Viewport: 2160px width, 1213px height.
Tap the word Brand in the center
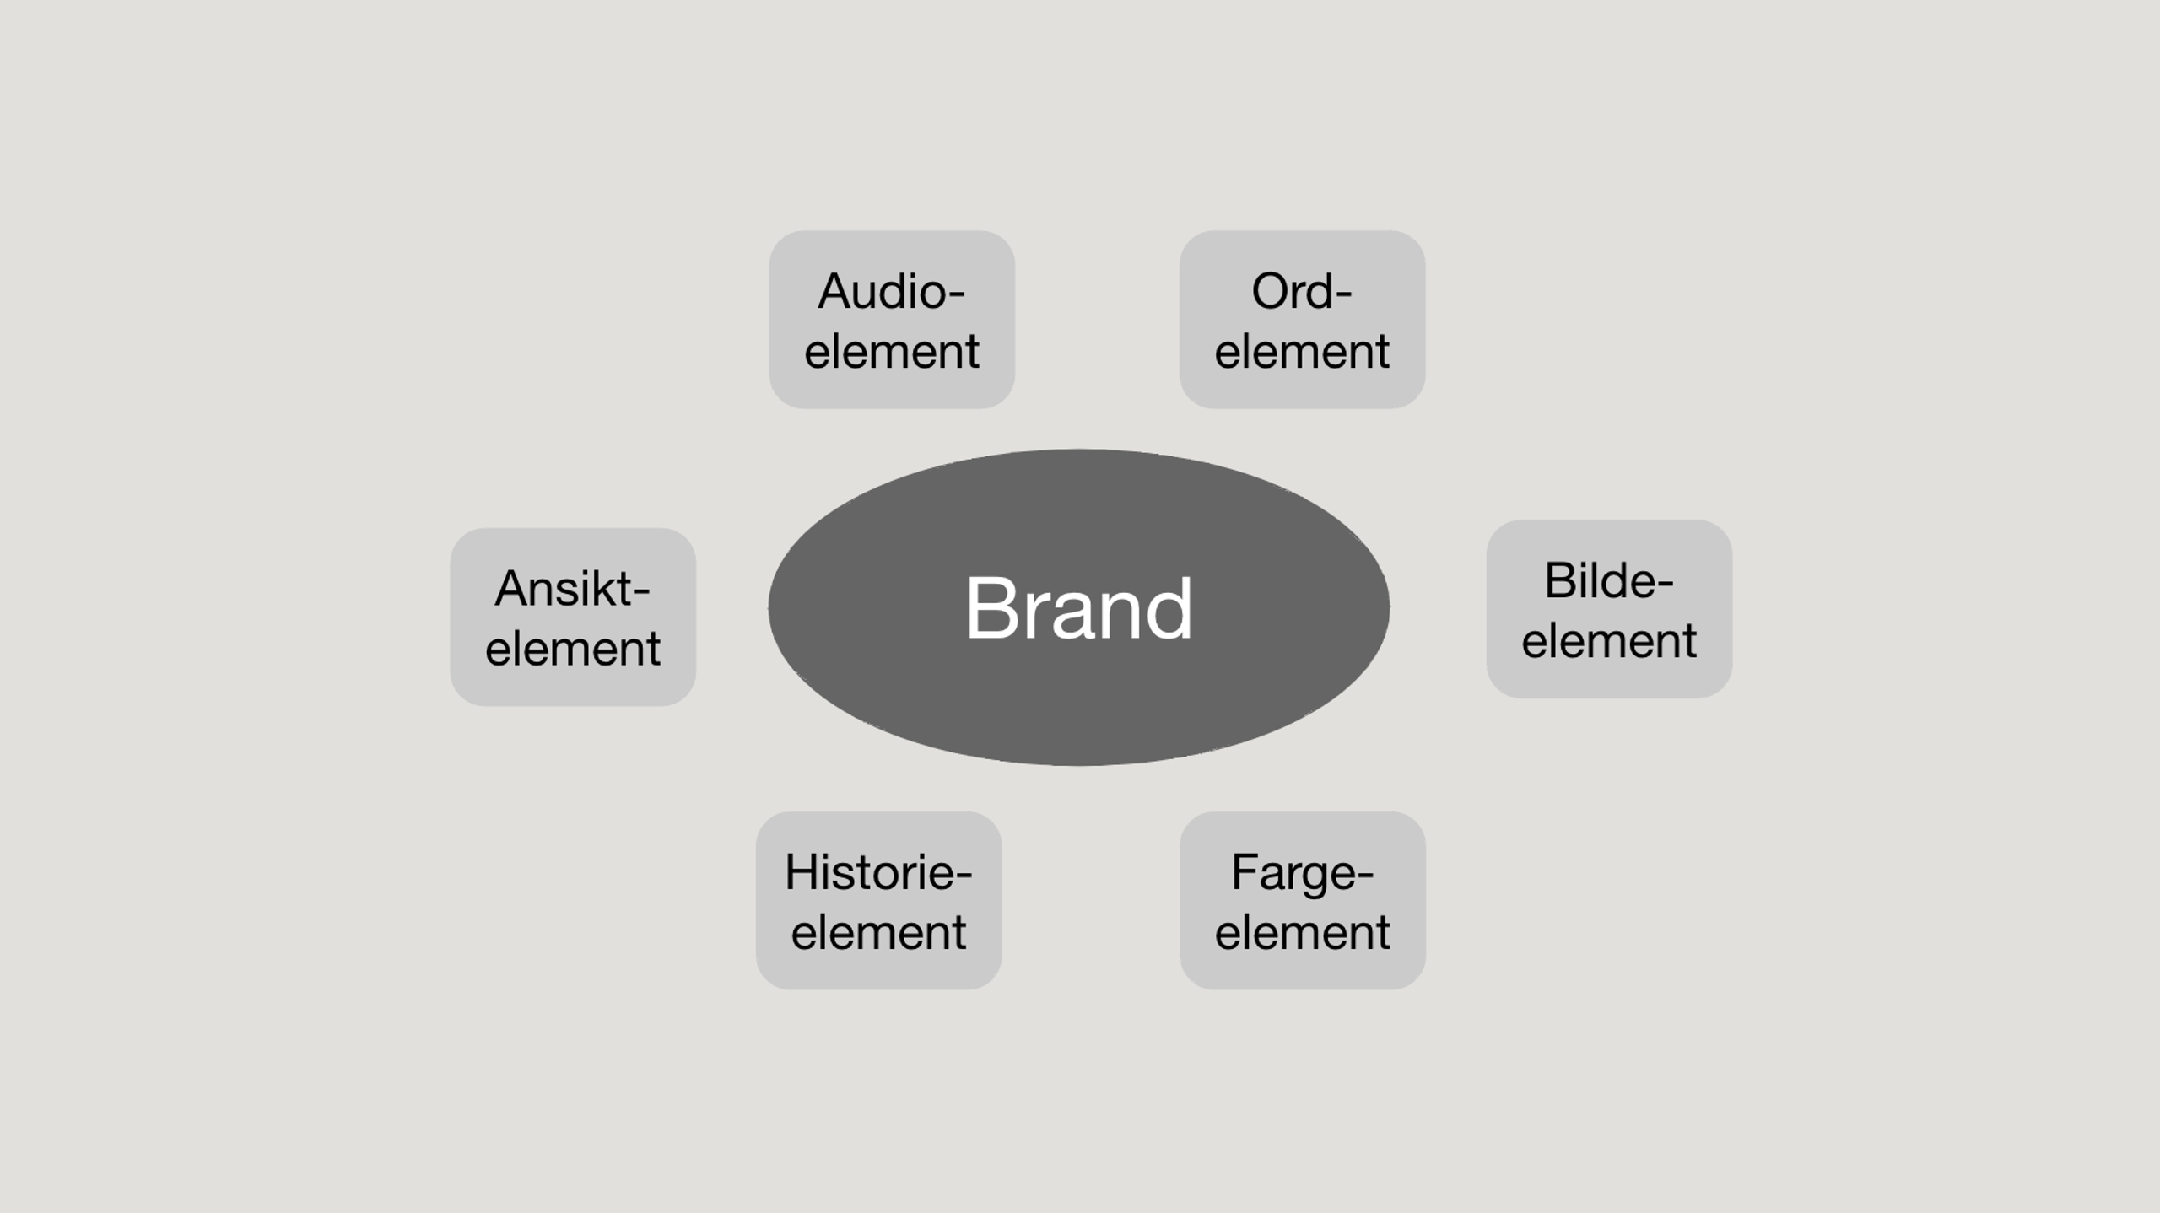pos(1078,608)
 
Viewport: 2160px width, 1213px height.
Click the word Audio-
pos(891,292)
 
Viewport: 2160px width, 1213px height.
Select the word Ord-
pos(1302,292)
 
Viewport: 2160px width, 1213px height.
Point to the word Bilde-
pos(1608,581)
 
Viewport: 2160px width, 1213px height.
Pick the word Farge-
pos(1302,873)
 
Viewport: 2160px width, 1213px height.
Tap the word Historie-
pos(878,872)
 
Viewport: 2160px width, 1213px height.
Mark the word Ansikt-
pos(572,589)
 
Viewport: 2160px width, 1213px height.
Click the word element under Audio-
pos(891,351)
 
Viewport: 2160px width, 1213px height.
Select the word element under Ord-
pos(1302,351)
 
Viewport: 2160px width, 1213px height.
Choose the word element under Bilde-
pos(1608,640)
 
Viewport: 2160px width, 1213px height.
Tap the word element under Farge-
pos(1302,932)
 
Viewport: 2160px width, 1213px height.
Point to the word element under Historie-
pos(878,932)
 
